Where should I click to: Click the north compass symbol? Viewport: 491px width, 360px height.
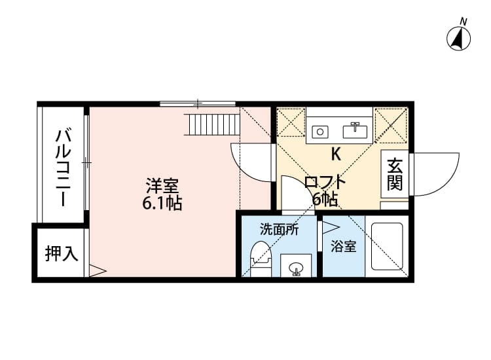point(460,38)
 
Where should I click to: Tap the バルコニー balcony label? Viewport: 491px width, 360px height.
point(64,166)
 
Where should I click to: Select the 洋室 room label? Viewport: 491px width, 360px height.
point(162,185)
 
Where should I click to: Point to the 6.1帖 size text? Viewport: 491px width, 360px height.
point(162,203)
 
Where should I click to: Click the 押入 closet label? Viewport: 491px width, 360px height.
point(61,253)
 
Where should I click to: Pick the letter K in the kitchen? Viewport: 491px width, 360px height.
point(336,154)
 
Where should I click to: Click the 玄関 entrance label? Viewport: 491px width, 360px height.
point(394,174)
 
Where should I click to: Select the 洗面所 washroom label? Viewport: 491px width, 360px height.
point(279,230)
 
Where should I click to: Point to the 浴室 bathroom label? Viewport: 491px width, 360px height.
point(344,247)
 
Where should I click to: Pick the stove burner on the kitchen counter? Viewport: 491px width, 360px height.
point(320,131)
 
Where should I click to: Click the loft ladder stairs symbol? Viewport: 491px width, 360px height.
point(213,123)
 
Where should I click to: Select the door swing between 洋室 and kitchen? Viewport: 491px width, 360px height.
point(253,162)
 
